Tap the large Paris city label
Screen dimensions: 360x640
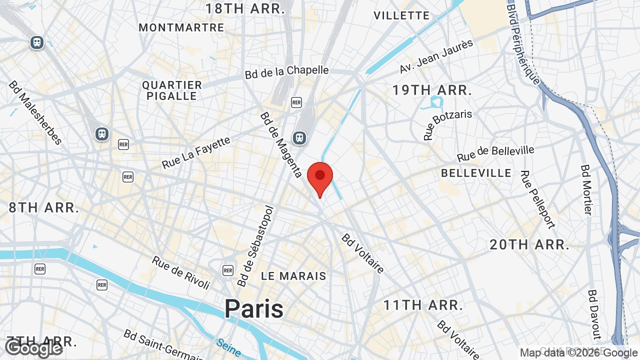(x=254, y=308)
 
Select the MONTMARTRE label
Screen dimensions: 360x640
(x=181, y=27)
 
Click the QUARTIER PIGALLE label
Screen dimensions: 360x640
(x=172, y=90)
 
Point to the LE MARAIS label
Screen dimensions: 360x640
(x=293, y=276)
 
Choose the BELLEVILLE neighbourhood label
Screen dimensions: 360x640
(x=476, y=173)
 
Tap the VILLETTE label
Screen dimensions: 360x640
(x=401, y=15)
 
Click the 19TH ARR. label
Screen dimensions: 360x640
(x=432, y=90)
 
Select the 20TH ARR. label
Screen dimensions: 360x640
(x=529, y=245)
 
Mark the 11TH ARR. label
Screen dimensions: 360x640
(x=423, y=305)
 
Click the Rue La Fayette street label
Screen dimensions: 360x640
(x=196, y=152)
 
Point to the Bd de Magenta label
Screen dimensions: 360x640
(x=280, y=144)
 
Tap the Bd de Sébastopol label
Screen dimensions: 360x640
(x=256, y=246)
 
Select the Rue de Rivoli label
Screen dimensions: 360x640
(x=181, y=272)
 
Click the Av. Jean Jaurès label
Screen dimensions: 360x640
(x=436, y=56)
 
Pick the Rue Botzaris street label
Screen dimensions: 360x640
(x=447, y=125)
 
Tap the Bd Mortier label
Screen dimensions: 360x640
(x=586, y=189)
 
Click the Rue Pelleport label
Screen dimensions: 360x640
(x=537, y=199)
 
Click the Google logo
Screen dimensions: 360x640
(x=34, y=348)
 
